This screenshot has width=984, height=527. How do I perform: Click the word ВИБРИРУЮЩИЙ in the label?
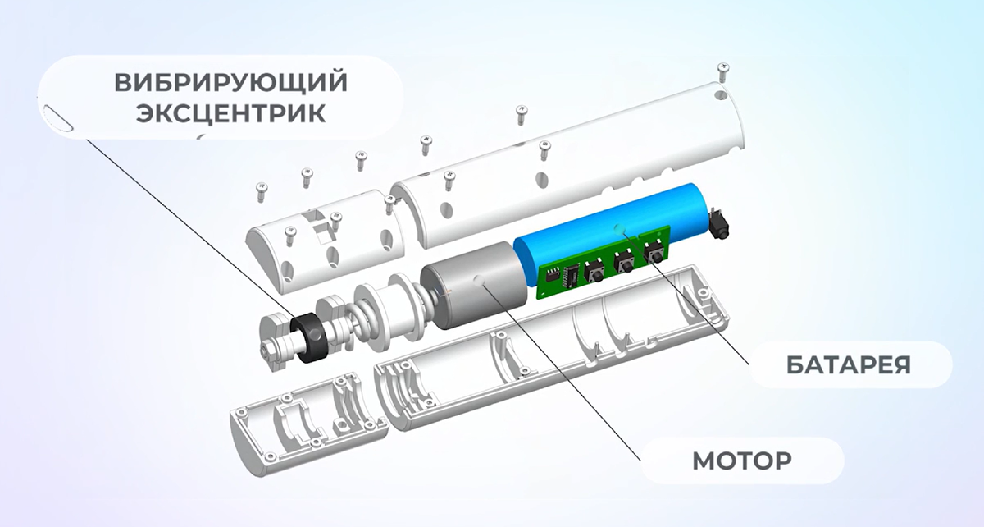pos(230,83)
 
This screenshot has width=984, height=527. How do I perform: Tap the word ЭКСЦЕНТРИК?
pos(230,113)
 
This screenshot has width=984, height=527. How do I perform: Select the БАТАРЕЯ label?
pos(848,365)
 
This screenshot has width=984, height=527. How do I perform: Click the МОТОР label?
pos(742,461)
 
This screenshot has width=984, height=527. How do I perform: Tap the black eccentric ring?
pos(309,337)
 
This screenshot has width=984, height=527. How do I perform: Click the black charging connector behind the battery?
pos(717,224)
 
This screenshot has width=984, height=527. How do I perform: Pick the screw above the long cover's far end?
pos(722,71)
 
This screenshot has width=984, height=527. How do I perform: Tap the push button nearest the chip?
pos(594,272)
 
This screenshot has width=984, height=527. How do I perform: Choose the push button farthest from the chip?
pos(654,252)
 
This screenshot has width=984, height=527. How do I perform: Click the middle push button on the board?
pos(624,262)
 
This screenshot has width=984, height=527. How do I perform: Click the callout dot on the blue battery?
pos(620,229)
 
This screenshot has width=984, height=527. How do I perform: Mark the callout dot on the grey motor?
pos(480,281)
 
